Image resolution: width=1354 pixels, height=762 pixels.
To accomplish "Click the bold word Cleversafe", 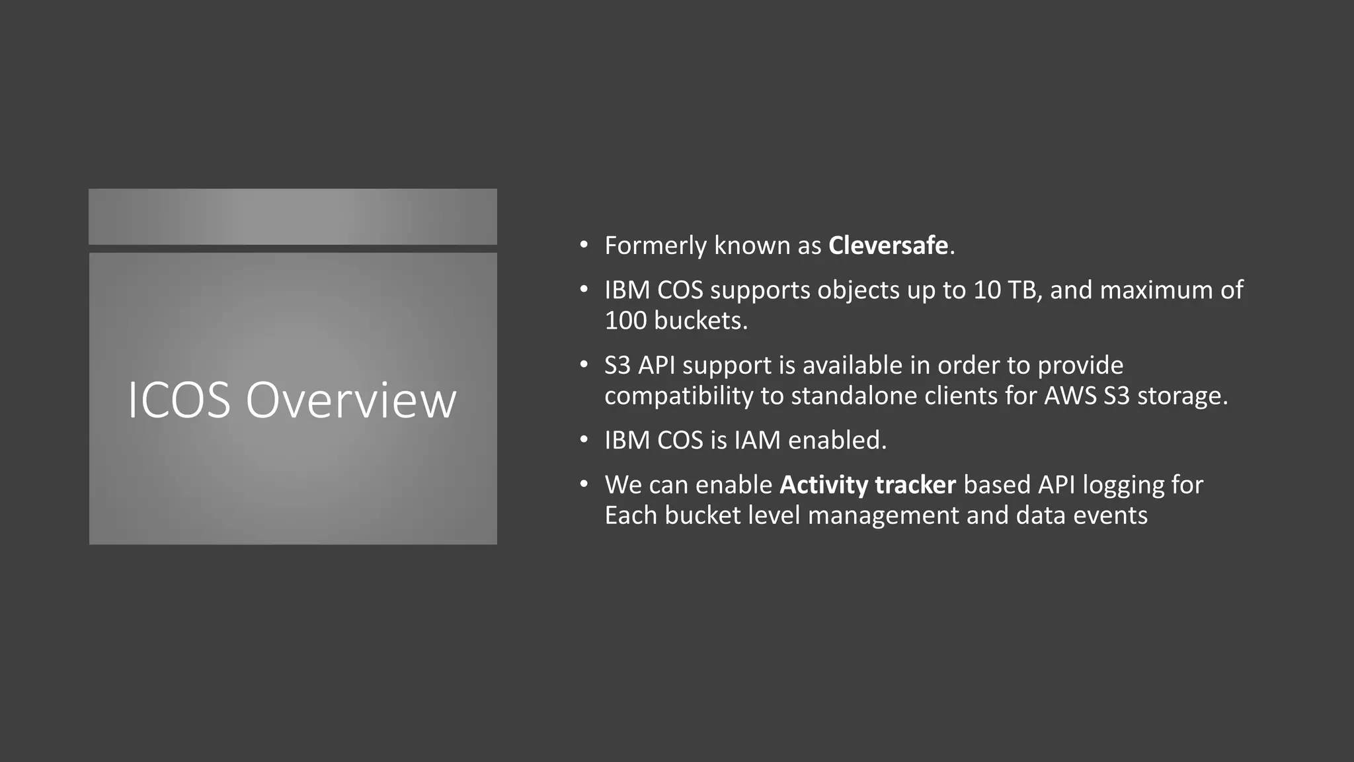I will [888, 245].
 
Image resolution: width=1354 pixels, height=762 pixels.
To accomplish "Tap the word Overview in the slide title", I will [351, 400].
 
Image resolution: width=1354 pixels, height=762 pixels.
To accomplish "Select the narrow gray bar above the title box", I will [293, 216].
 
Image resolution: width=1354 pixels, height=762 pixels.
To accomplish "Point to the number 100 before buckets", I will [625, 320].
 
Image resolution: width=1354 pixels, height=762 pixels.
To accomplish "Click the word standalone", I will [854, 396].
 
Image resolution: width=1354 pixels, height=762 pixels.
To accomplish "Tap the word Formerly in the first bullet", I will [655, 245].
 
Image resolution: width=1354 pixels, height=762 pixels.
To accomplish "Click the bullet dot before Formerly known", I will [583, 245].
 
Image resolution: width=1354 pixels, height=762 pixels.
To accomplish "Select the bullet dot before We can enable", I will [583, 484].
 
